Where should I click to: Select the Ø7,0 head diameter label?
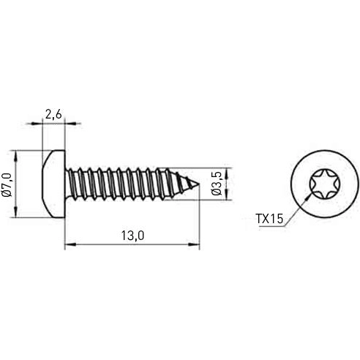click(7, 184)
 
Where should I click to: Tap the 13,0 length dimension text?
click(132, 235)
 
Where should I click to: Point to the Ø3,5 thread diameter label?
click(217, 184)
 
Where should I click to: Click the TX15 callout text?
click(270, 218)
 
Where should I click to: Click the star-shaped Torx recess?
click(321, 183)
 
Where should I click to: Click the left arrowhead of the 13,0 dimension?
click(69, 245)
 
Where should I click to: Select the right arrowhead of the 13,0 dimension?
click(197, 245)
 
